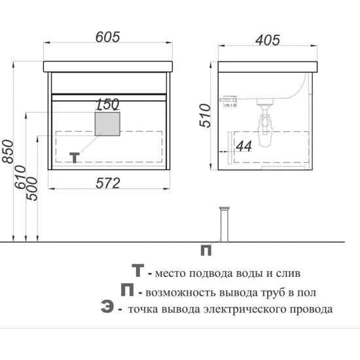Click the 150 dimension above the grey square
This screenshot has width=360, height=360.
tap(107, 104)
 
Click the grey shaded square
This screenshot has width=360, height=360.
tap(108, 124)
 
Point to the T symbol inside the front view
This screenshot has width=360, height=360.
tap(76, 157)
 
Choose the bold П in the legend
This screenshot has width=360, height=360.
tap(127, 290)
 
